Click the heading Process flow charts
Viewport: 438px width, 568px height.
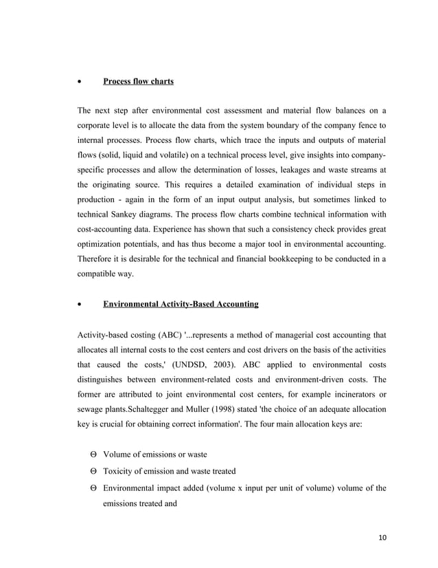pyautogui.click(x=138, y=82)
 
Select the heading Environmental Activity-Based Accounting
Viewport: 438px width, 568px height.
pyautogui.click(x=181, y=303)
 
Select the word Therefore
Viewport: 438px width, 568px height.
pyautogui.click(x=98, y=259)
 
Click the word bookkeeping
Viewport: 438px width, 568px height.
pyautogui.click(x=288, y=259)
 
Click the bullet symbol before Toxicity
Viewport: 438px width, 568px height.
pyautogui.click(x=93, y=471)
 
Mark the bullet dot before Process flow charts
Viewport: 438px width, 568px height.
pyautogui.click(x=80, y=83)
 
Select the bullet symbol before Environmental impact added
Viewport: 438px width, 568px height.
pyautogui.click(x=93, y=488)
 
